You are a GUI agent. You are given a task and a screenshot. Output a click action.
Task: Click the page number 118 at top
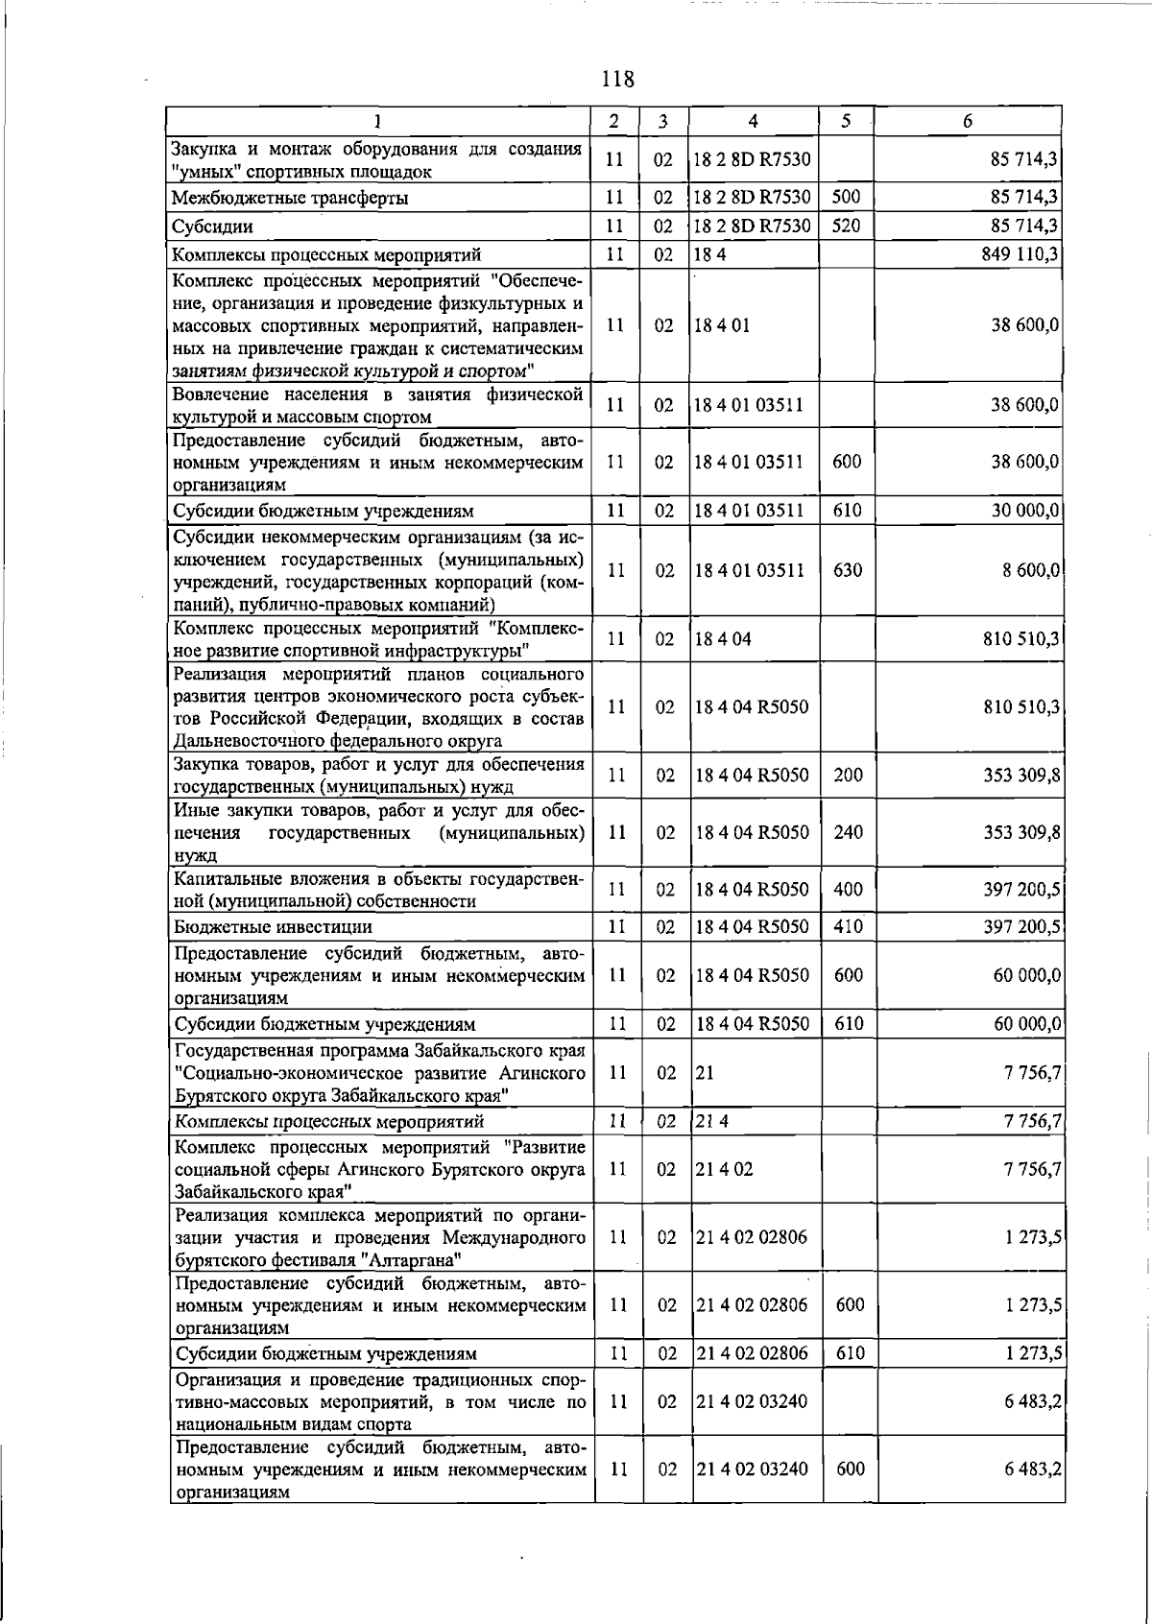tap(617, 79)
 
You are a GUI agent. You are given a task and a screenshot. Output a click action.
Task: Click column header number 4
tap(753, 121)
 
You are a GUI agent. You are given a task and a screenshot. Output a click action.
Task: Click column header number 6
tap(967, 121)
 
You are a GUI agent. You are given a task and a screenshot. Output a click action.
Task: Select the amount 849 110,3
tap(1021, 254)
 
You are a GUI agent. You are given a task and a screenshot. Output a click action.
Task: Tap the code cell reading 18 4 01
tap(723, 325)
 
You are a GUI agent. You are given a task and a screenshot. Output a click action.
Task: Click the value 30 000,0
tap(1025, 511)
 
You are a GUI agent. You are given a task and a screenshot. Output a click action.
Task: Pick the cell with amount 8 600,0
tap(1031, 570)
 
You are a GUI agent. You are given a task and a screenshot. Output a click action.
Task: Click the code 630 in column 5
tap(847, 570)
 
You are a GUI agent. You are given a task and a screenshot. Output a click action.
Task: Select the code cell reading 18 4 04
tap(723, 639)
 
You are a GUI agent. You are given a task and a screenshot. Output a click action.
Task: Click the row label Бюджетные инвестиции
tap(273, 927)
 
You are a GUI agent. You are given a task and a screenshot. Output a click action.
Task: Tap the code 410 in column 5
tap(848, 927)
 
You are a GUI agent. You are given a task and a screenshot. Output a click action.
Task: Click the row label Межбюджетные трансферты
tap(289, 199)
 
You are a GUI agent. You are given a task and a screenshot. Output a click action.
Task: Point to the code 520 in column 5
tap(846, 227)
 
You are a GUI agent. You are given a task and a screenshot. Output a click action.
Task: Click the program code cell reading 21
tap(706, 1073)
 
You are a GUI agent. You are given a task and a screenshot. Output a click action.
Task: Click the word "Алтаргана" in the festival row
tap(413, 1260)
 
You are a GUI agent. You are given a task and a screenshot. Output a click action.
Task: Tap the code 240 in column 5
tap(848, 832)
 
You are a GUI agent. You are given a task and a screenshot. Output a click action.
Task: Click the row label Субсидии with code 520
tap(212, 227)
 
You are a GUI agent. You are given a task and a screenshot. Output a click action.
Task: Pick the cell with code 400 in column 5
tap(848, 890)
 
